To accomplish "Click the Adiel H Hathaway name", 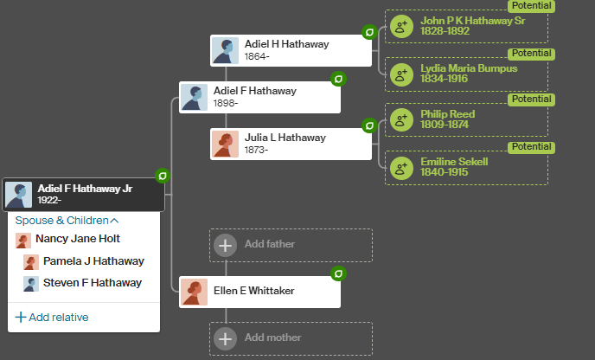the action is point(286,44).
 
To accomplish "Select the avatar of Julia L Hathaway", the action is point(225,144).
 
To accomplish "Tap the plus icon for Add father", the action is point(226,245).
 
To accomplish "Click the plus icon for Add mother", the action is point(226,338).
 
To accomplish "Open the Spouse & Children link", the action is point(67,221).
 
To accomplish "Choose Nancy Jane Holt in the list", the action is point(78,239).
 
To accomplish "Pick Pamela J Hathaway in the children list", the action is point(93,261).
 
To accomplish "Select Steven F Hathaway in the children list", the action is point(93,283).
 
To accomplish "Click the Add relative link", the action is point(52,317).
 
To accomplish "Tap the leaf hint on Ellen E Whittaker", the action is point(338,273).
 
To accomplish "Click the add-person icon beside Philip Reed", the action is point(401,120).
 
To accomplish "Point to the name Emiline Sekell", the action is point(454,162).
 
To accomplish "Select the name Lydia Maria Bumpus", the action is point(469,68).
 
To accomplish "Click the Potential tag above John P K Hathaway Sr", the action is point(531,6).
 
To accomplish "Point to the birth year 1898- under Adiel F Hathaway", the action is point(226,103).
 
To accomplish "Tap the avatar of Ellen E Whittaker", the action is point(194,292).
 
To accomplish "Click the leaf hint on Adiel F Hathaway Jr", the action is point(163,176).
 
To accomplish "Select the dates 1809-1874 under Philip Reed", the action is point(445,125).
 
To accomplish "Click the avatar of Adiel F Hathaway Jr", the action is point(19,195).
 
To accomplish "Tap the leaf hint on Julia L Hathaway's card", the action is point(369,125).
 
